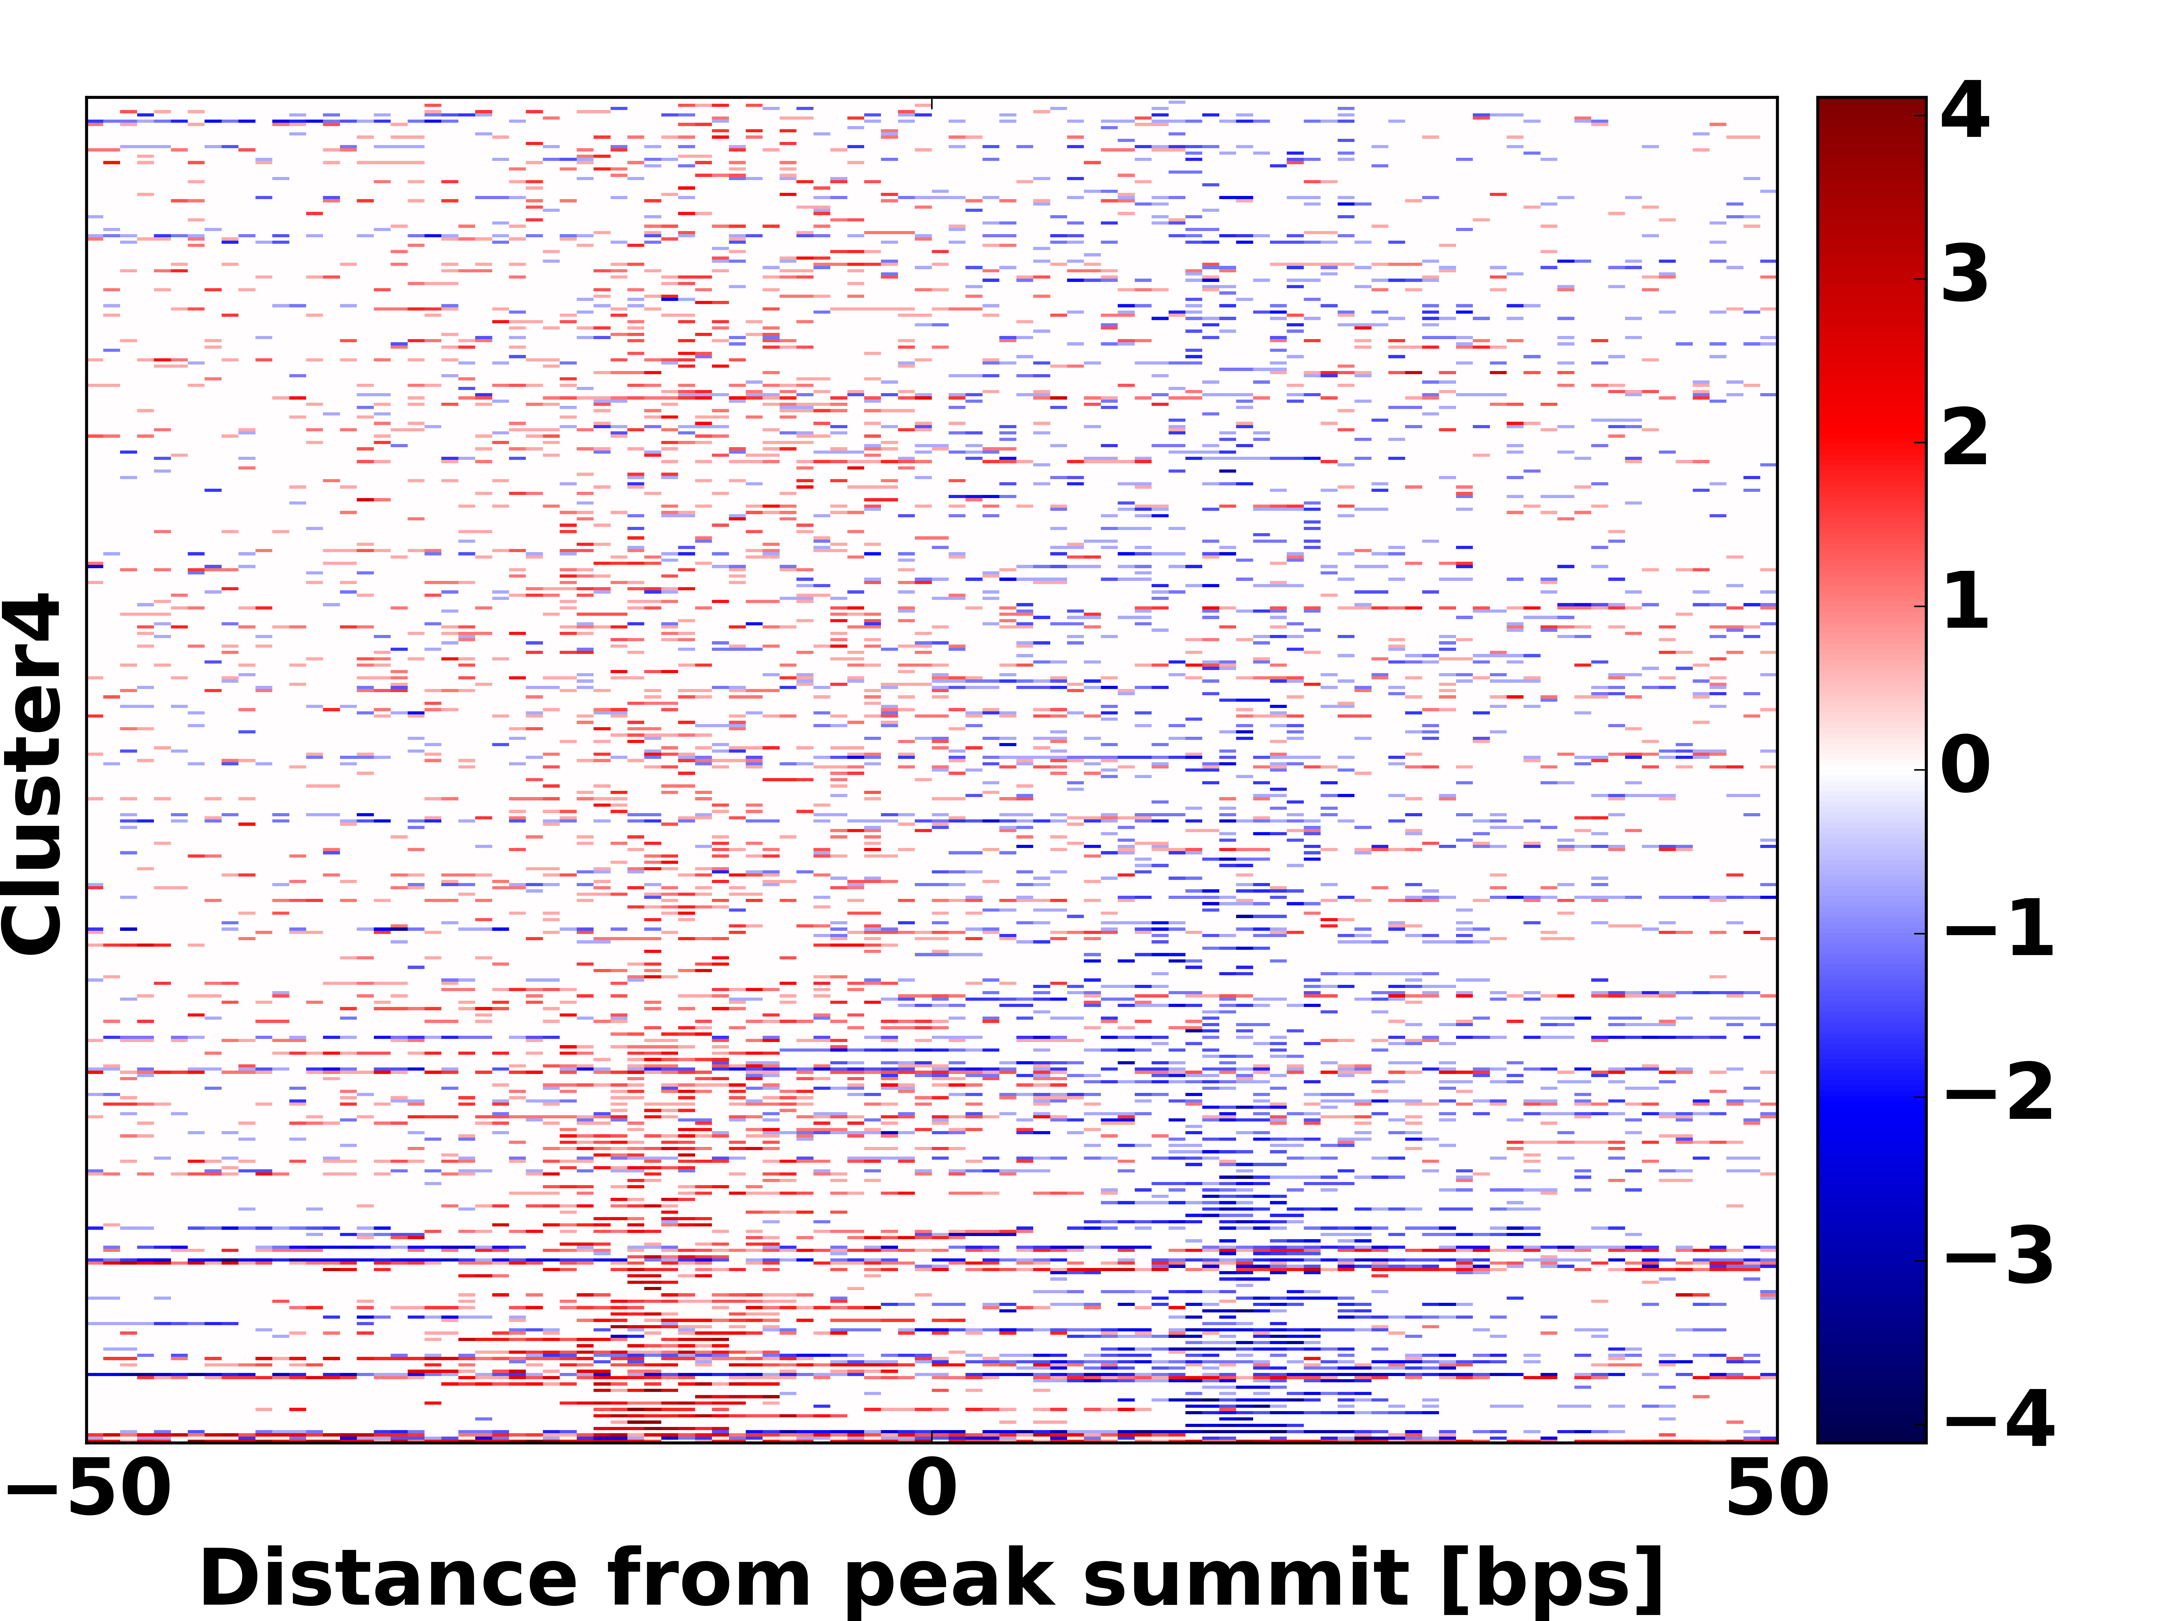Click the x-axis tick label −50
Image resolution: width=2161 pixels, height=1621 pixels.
point(88,1489)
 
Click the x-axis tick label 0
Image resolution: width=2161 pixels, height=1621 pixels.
point(932,1489)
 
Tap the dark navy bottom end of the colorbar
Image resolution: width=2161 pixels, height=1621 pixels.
point(1871,1436)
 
